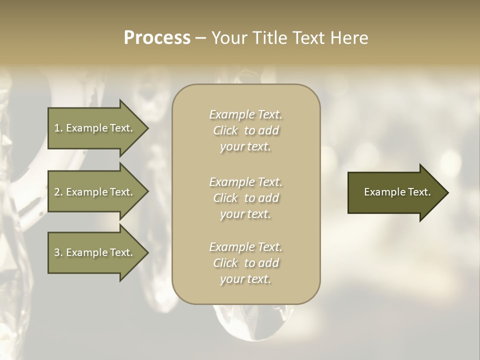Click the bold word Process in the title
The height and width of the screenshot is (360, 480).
(157, 38)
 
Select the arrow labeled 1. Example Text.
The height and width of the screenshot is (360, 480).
(93, 128)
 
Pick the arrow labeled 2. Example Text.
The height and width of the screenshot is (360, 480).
(93, 192)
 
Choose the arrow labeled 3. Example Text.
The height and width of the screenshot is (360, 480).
(93, 252)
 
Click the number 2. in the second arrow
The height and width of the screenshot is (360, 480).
(58, 192)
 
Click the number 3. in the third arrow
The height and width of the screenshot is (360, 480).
(58, 252)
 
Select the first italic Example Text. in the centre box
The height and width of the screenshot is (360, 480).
(245, 114)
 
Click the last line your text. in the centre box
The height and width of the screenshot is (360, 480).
(245, 279)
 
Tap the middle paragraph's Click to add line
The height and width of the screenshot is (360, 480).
(245, 198)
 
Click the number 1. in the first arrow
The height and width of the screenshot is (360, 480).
(58, 128)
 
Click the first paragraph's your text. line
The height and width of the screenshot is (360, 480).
(245, 147)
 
